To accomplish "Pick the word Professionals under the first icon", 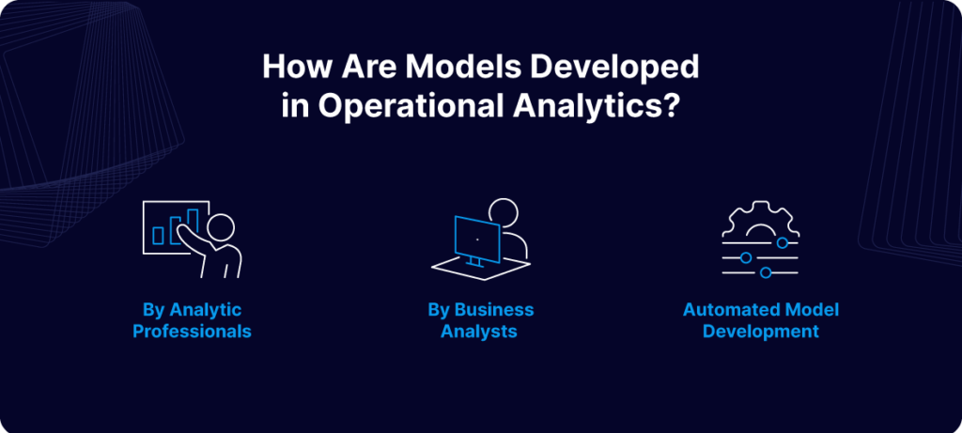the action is (x=192, y=332).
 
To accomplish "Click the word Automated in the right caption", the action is (x=723, y=309).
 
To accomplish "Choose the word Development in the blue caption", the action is (x=761, y=332).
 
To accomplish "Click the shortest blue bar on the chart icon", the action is (x=158, y=236).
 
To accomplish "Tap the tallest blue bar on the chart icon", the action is (x=193, y=222).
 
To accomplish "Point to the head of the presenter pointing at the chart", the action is (x=221, y=227).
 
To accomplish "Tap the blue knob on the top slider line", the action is (x=783, y=243).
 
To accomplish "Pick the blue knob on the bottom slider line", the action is (x=765, y=272).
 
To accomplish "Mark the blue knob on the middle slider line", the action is (x=745, y=257).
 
